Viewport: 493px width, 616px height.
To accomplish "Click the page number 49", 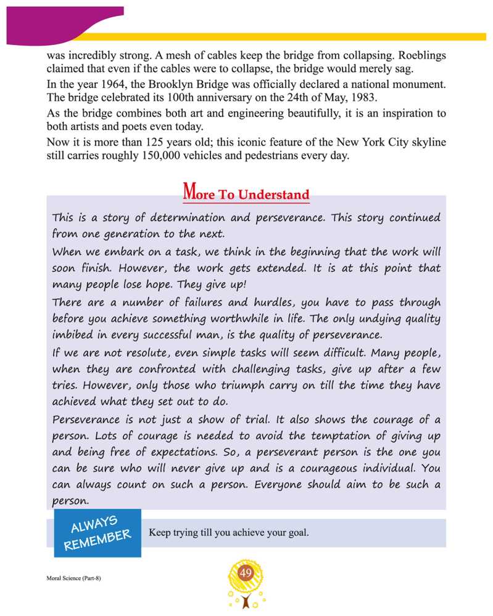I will (x=246, y=574).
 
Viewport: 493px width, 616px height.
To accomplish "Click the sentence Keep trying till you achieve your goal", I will (x=228, y=533).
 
